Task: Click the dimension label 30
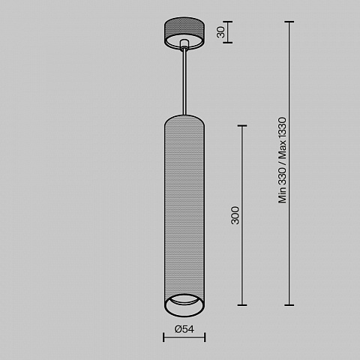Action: [221, 32]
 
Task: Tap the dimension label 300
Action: [235, 215]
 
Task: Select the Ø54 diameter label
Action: [184, 329]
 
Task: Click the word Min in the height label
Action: [282, 194]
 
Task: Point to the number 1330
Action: [282, 127]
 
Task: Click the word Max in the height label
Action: [282, 149]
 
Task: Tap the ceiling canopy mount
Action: [184, 34]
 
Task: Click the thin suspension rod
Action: [184, 82]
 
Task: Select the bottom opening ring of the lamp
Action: [184, 305]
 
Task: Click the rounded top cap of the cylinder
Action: [184, 118]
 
